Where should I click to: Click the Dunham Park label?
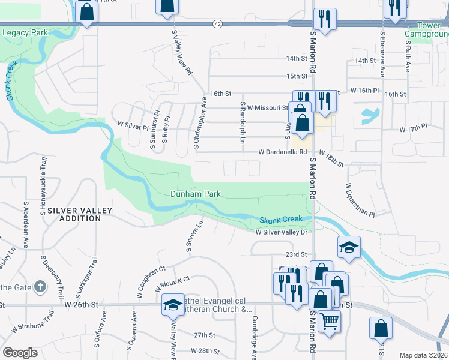click(x=195, y=194)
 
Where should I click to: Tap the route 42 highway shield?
click(x=217, y=24)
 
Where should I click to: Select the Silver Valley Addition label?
click(x=74, y=214)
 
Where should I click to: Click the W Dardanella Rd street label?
click(x=282, y=152)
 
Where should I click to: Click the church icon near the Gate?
click(x=40, y=287)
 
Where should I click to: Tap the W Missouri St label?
click(x=268, y=108)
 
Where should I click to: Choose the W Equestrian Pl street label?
click(x=359, y=201)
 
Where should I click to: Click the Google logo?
click(x=20, y=352)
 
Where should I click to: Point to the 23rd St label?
click(x=296, y=254)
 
